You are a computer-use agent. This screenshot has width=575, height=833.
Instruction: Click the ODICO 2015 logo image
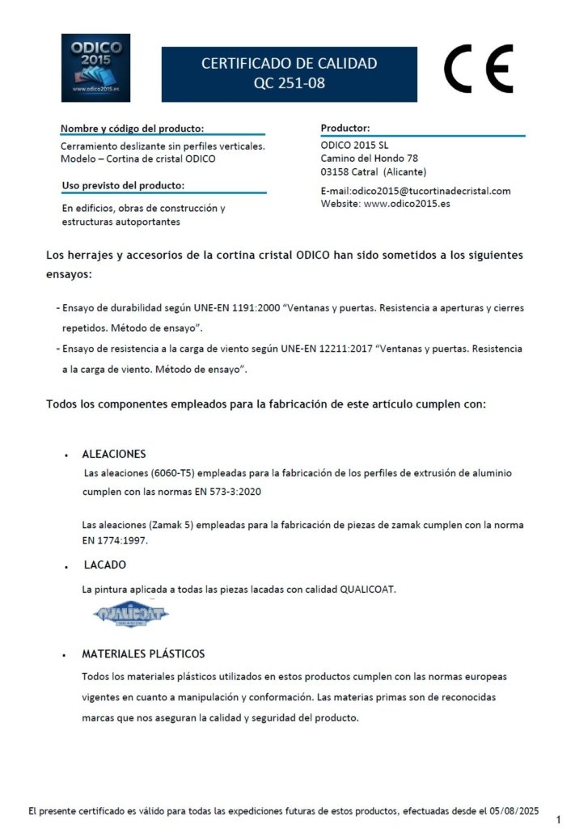[x=95, y=67]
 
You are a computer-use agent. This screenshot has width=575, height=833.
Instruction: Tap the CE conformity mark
[x=478, y=69]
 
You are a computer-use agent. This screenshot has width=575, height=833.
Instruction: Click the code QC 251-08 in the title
[x=289, y=82]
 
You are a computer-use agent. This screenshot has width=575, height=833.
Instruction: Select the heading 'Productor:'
[x=345, y=128]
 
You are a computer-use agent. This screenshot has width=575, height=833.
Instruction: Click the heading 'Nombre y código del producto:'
[x=132, y=129]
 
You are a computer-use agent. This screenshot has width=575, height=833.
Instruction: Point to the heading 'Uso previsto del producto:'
[x=123, y=186]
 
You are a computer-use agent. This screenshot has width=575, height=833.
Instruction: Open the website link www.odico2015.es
[x=407, y=204]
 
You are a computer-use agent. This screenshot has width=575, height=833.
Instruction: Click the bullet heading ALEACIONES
[x=114, y=454]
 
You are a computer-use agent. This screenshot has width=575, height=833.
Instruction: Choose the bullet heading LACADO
[x=104, y=564]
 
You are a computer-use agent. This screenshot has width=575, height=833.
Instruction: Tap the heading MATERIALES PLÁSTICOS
[x=143, y=653]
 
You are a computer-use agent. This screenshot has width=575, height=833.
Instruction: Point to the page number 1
[x=558, y=820]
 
